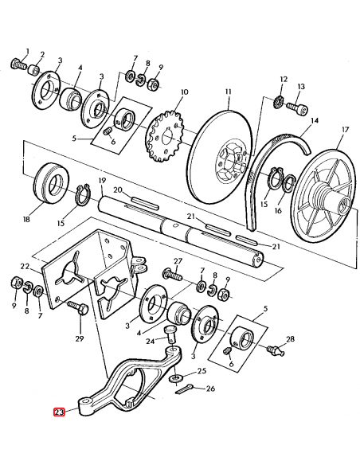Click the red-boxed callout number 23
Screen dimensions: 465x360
tap(59, 412)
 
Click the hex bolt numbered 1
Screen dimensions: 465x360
tap(18, 63)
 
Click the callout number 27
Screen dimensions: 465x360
tap(178, 262)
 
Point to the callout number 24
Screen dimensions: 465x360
tap(151, 343)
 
